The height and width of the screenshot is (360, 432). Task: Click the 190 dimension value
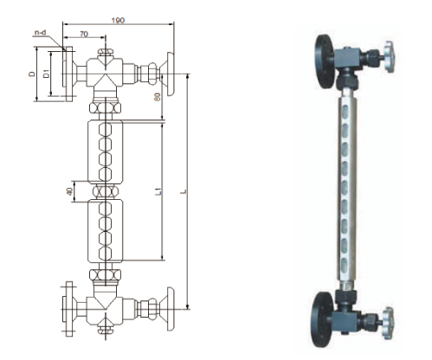[118, 21]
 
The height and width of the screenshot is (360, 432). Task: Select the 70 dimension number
[84, 34]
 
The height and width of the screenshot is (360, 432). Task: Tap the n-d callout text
[41, 33]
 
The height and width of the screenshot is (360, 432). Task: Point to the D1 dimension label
[46, 74]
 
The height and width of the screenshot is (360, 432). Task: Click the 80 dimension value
[158, 97]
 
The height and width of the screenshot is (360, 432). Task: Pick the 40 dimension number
[69, 191]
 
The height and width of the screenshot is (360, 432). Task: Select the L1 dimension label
[158, 191]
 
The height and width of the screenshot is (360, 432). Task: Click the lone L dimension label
[184, 191]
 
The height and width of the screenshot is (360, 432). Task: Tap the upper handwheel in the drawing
[171, 74]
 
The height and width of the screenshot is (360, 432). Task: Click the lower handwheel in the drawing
[171, 309]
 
